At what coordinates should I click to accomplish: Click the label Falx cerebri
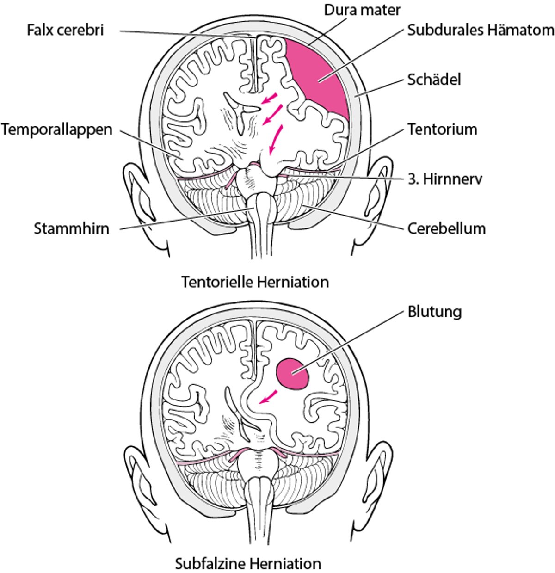65,31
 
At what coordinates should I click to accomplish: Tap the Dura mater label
362,10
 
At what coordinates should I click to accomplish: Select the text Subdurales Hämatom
481,31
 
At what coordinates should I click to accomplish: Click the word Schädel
434,80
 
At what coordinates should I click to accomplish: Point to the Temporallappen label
56,129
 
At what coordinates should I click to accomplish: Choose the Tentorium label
442,129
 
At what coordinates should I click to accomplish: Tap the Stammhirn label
72,228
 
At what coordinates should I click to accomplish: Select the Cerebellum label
446,228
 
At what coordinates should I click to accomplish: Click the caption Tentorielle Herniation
255,282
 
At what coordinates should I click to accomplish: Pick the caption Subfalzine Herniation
248,564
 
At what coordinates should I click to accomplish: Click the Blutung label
434,312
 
